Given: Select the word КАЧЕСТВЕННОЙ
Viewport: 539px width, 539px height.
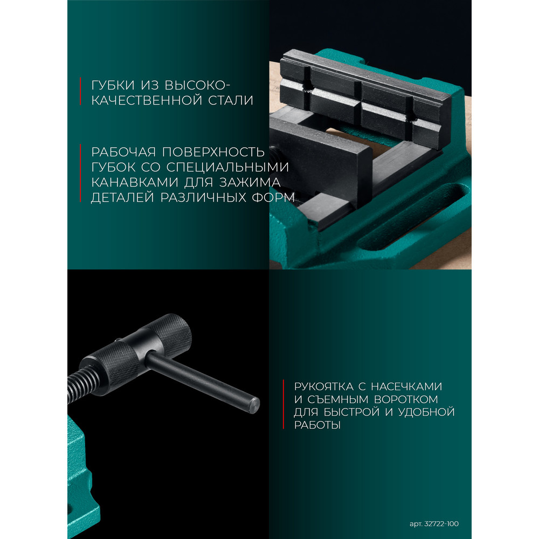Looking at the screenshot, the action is [147, 100].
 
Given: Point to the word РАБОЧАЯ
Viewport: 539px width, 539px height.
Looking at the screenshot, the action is [123, 152].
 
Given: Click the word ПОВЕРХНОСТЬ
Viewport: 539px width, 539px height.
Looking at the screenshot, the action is [213, 152].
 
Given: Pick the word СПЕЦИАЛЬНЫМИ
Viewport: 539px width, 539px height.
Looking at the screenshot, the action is [227, 167].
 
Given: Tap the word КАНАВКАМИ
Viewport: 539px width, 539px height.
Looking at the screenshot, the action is [134, 182].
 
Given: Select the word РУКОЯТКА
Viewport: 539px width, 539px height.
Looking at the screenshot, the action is [324, 386].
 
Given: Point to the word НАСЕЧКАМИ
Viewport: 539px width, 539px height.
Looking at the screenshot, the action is [406, 386].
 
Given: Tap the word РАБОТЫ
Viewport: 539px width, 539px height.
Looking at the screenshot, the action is [317, 425].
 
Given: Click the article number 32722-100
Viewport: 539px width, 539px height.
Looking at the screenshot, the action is [441, 524].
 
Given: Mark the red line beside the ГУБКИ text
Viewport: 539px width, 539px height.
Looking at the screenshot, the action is [80, 91].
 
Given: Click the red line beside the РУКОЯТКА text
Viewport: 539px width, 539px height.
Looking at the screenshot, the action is [284, 404].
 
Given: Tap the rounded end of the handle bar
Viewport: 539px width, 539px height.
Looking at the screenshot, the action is [254, 405].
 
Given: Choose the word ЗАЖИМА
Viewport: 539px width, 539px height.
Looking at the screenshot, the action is [250, 182].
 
